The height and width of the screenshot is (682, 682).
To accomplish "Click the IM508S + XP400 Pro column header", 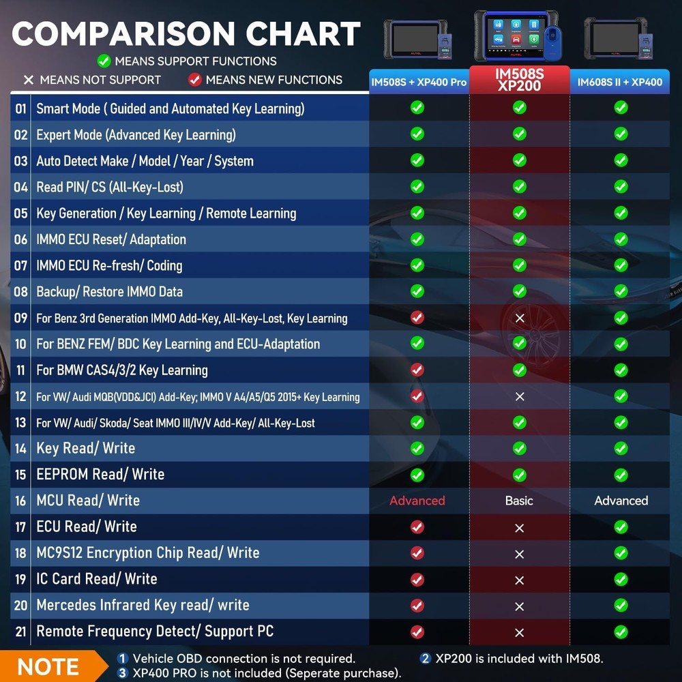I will point(419,82).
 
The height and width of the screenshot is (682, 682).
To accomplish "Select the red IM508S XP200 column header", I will point(520,79).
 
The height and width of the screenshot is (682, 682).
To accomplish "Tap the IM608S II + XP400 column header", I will point(620,82).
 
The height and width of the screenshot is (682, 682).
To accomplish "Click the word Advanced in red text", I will point(417,501).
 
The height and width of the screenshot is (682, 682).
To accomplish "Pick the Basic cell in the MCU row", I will point(519,501).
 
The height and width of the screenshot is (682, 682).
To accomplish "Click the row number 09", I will point(21,318).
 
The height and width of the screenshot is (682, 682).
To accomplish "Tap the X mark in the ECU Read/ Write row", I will point(520,528).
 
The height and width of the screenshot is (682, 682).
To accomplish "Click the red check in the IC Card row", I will point(417,579).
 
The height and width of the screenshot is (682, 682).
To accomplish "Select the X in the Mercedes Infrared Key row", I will point(520,606).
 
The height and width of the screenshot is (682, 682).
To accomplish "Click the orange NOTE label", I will point(48,666).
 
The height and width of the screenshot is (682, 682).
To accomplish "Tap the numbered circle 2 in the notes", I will point(426,658).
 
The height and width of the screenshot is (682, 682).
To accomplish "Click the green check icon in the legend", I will point(104,61).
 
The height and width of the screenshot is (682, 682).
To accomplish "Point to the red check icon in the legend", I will point(195,80).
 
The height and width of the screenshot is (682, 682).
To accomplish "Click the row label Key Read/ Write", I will point(85,448).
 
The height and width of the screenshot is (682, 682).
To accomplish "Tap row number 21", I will point(21,632).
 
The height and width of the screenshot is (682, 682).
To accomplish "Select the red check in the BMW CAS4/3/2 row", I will point(417,370).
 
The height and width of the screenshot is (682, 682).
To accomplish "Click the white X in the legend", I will point(29,80).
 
